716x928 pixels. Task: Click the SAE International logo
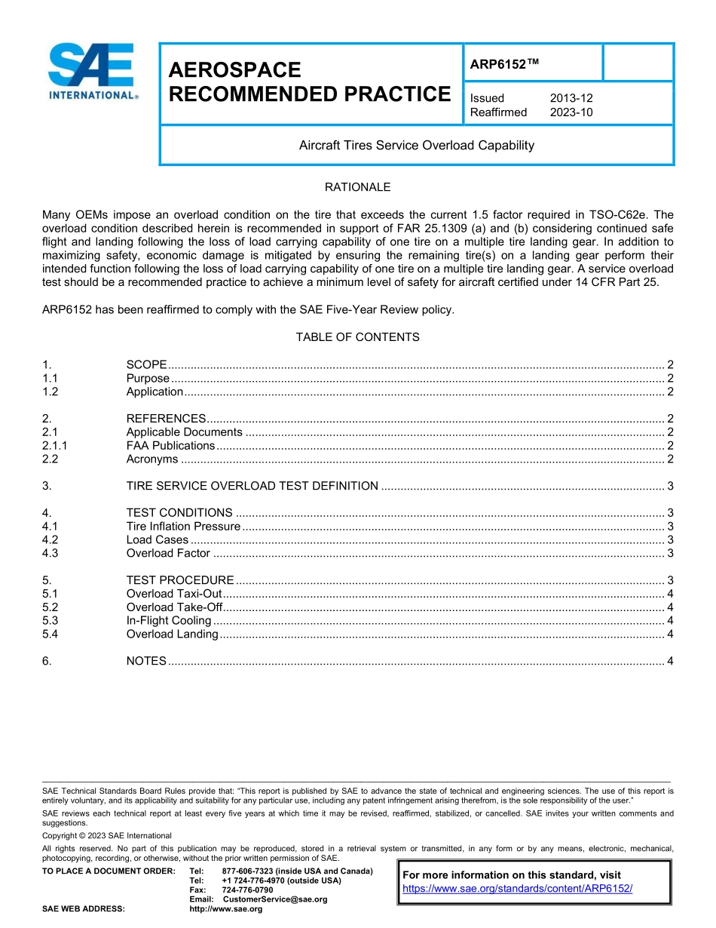(92, 72)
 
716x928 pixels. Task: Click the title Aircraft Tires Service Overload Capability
(416, 145)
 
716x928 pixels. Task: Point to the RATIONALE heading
(357, 187)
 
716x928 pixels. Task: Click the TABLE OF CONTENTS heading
(357, 337)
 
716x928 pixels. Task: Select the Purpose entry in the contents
(148, 378)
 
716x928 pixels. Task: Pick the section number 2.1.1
(55, 446)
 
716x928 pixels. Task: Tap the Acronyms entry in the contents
(152, 459)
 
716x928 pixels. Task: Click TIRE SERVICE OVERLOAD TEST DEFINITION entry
(252, 486)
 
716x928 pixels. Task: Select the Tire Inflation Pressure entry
(183, 526)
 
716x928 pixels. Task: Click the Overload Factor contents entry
(168, 553)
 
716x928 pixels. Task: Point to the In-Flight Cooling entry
(169, 620)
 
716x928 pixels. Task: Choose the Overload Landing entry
(172, 634)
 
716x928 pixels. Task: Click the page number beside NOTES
(670, 661)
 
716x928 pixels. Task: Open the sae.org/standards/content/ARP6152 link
(517, 889)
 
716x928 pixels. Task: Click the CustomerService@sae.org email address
(275, 899)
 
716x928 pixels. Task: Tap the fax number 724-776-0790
(247, 890)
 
